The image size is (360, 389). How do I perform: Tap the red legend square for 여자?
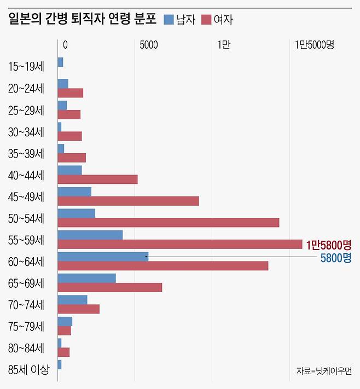tap(206, 20)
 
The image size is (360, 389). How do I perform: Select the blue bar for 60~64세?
tap(103, 257)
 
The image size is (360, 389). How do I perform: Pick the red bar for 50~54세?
tap(168, 223)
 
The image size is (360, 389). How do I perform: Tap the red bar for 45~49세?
tap(128, 201)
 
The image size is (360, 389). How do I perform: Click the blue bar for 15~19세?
tap(60, 62)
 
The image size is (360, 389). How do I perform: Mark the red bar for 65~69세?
tap(109, 287)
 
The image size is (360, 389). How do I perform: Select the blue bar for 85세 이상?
tap(59, 364)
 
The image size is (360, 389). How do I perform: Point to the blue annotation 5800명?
tap(335, 258)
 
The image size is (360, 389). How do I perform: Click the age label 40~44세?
tap(26, 175)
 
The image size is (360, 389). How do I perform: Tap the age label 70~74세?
tap(26, 305)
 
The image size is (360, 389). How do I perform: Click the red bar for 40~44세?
tap(97, 179)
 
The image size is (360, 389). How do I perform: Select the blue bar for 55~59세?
tap(90, 235)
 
